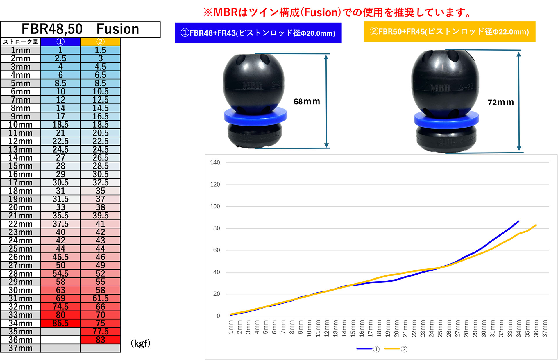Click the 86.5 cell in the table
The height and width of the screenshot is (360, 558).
pyautogui.click(x=60, y=323)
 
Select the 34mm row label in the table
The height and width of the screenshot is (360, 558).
pyautogui.click(x=20, y=323)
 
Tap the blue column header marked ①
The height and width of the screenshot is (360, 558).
pyautogui.click(x=60, y=42)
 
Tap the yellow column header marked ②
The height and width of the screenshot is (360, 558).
pyautogui.click(x=100, y=42)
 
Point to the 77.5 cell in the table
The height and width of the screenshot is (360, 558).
pyautogui.click(x=100, y=331)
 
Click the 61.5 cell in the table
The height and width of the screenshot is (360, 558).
pyautogui.click(x=100, y=298)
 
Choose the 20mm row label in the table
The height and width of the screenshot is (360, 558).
pyautogui.click(x=20, y=207)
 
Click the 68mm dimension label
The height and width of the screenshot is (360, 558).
pyautogui.click(x=307, y=101)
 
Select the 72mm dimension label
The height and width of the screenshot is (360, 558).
pyautogui.click(x=500, y=102)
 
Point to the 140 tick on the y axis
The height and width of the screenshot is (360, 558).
pyautogui.click(x=215, y=162)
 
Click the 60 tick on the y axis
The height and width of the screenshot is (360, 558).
pyautogui.click(x=216, y=250)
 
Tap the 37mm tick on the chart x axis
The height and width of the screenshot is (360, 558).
pyautogui.click(x=545, y=329)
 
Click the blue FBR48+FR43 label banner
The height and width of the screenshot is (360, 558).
pyautogui.click(x=258, y=33)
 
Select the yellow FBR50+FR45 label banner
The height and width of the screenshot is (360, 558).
pyautogui.click(x=449, y=31)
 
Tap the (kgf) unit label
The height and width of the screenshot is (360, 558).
pyautogui.click(x=140, y=343)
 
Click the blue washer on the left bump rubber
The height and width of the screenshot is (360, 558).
pyautogui.click(x=255, y=116)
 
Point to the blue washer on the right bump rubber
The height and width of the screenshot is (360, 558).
pyautogui.click(x=446, y=119)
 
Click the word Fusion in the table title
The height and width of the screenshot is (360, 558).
pyautogui.click(x=118, y=29)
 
